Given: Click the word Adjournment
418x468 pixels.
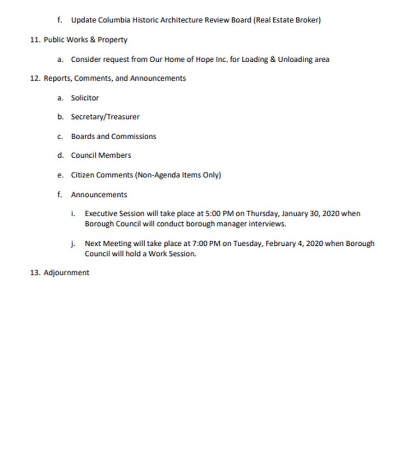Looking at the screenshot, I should (66, 273).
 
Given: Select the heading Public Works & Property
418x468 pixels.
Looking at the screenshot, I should (85, 40).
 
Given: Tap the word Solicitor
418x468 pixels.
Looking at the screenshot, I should (85, 98).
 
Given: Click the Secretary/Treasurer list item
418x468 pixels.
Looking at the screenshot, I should (105, 117).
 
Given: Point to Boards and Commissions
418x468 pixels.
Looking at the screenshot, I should (113, 136).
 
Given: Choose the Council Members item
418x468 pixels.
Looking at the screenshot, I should (101, 155).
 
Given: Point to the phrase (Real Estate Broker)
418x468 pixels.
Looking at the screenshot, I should (287, 20).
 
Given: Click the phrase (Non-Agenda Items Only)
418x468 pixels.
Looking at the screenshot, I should (178, 175).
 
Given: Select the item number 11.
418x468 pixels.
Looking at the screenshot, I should (35, 40).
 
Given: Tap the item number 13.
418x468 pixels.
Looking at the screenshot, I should (35, 273).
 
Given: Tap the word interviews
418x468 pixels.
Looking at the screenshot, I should (265, 224).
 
